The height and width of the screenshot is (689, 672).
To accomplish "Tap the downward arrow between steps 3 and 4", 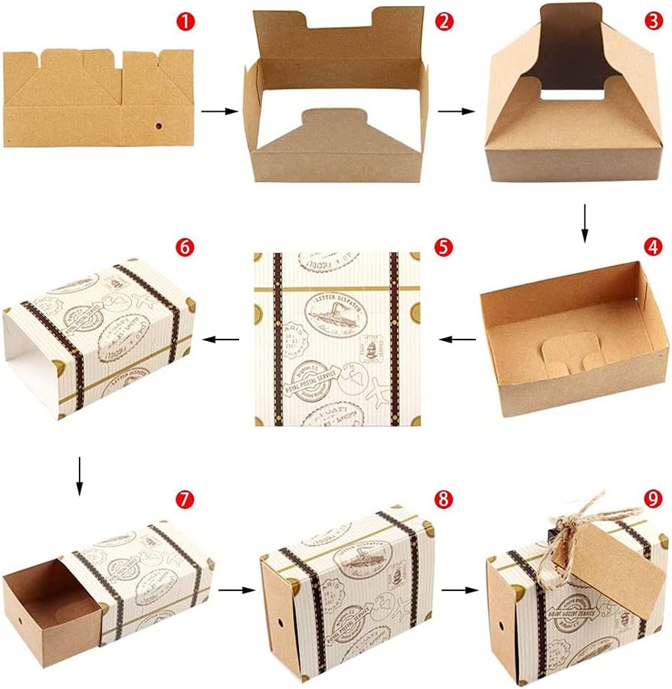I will [585, 221].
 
